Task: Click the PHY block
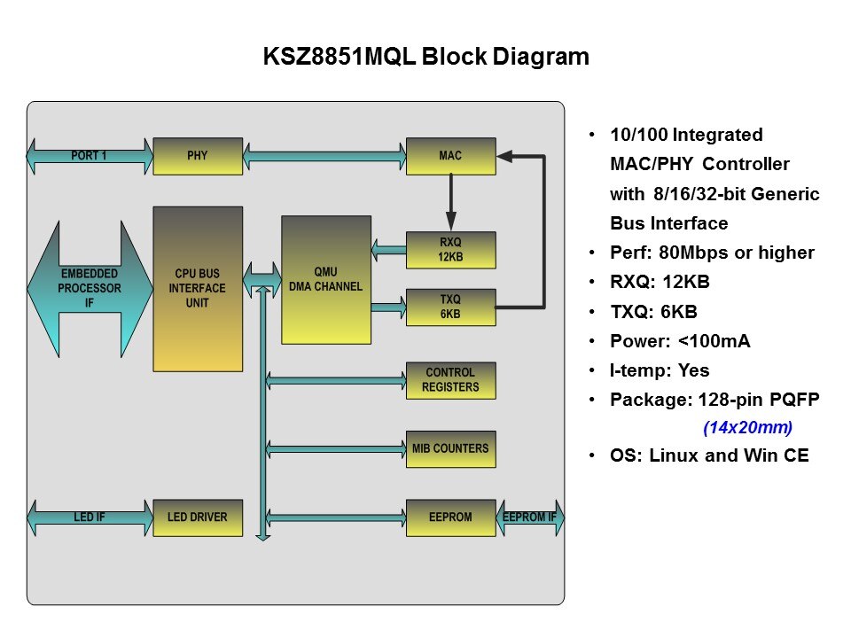point(198,156)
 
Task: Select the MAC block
point(450,156)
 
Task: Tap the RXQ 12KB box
point(450,249)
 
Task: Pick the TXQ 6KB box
point(450,306)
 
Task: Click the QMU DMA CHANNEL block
point(325,279)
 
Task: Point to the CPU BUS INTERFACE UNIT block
point(198,288)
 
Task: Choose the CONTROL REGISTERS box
point(450,380)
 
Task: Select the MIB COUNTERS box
point(450,449)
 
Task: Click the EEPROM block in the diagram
point(450,517)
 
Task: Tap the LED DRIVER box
point(198,517)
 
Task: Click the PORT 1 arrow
point(89,156)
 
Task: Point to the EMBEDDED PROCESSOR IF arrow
point(89,288)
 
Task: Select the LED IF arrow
point(89,517)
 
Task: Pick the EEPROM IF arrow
point(530,517)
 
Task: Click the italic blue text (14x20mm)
point(747,428)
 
